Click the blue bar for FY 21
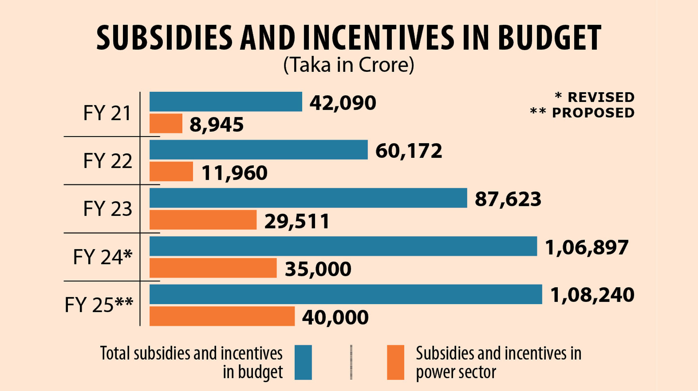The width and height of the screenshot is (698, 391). pyautogui.click(x=226, y=102)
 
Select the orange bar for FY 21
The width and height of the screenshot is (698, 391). pyautogui.click(x=166, y=124)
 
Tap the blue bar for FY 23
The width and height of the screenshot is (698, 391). pyautogui.click(x=308, y=198)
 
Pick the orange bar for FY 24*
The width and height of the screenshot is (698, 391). pyautogui.click(x=213, y=268)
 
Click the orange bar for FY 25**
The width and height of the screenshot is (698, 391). pyautogui.click(x=222, y=316)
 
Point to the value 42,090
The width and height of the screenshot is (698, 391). pyautogui.click(x=343, y=103)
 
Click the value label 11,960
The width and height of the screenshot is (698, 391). pyautogui.click(x=234, y=173)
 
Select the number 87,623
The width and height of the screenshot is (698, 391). pyautogui.click(x=508, y=199)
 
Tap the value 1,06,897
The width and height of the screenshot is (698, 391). pyautogui.click(x=587, y=247)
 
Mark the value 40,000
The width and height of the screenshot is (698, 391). pyautogui.click(x=335, y=317)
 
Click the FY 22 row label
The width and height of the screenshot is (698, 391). pyautogui.click(x=107, y=161)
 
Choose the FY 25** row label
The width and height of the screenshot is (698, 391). pyautogui.click(x=99, y=305)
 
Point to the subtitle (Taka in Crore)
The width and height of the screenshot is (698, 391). pyautogui.click(x=349, y=65)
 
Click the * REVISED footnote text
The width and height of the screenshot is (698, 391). pyautogui.click(x=595, y=97)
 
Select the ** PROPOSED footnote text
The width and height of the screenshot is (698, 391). pyautogui.click(x=582, y=113)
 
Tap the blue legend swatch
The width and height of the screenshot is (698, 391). pyautogui.click(x=303, y=362)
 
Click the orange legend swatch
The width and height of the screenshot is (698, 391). pyautogui.click(x=396, y=362)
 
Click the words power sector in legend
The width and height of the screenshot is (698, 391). pyautogui.click(x=456, y=372)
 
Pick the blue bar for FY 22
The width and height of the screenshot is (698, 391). pyautogui.click(x=259, y=150)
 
